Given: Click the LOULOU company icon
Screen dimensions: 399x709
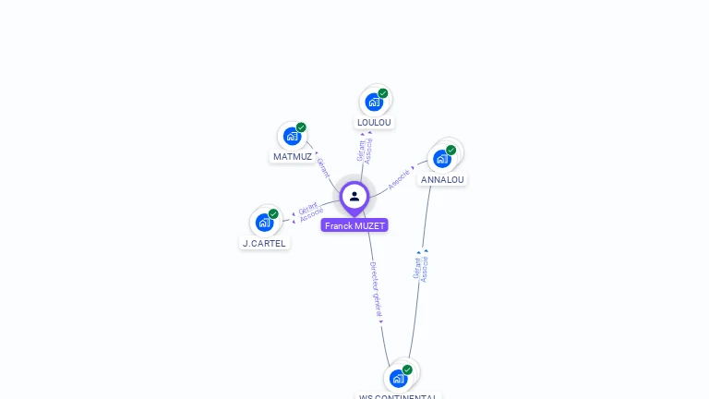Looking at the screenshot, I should point(373,102).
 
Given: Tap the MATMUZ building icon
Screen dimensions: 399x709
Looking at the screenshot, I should point(292,137).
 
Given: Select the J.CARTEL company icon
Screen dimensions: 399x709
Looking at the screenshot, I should point(264,223).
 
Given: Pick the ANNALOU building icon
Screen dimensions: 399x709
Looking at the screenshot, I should point(442,158).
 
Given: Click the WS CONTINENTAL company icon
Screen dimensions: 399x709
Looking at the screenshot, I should point(398,378).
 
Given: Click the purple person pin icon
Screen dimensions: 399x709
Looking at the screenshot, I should point(354,197).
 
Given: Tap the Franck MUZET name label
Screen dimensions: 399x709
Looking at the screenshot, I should point(354,225).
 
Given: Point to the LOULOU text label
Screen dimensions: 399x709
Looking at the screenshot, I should point(374,123).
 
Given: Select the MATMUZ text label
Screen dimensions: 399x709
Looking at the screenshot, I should point(293,157).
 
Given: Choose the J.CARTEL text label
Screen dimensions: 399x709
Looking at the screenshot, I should point(264,244).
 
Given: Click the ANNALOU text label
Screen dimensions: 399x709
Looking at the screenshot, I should point(442,179).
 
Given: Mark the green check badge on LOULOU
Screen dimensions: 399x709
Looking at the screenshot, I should point(383,92).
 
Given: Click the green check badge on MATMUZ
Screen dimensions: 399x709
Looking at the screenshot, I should point(301,127).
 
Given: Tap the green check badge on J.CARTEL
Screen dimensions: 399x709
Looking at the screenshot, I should point(273,213).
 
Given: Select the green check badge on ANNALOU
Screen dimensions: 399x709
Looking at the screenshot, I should point(451,150).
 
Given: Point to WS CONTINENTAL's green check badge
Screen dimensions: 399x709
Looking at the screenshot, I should point(407,369).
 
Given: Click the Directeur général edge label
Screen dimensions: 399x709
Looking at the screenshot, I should point(376,290).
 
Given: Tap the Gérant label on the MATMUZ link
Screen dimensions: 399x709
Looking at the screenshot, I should point(322,167).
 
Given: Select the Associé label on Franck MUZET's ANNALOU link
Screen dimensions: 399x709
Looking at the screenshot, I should point(399,178).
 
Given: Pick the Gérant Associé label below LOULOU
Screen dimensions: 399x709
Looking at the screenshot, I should point(366,151).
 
